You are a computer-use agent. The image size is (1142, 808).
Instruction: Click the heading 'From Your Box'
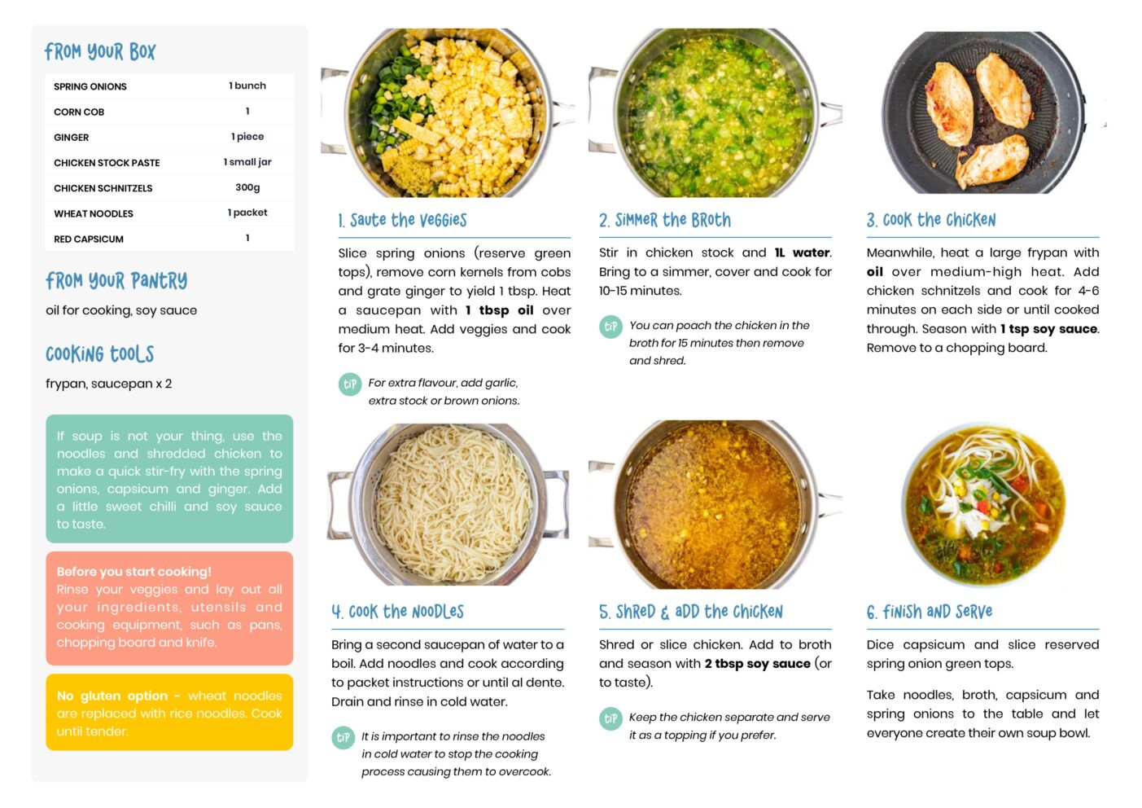coord(100,51)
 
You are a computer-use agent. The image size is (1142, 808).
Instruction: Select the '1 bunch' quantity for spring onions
coord(247,86)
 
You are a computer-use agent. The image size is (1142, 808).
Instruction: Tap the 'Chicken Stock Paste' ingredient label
coord(107,163)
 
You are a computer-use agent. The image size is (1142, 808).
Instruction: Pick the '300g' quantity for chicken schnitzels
coord(247,187)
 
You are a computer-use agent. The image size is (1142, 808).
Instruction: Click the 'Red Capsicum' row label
coord(89,239)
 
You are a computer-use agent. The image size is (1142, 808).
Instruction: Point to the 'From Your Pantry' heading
coord(116,280)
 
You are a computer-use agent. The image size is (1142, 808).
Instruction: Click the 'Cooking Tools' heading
coord(99,354)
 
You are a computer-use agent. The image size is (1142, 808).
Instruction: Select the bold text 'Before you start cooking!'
coord(133,572)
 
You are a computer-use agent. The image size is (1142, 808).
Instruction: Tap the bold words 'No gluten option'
coord(112,696)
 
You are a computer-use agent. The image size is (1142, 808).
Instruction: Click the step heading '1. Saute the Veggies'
coord(402,221)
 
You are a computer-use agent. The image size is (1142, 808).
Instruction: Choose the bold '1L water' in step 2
coord(802,253)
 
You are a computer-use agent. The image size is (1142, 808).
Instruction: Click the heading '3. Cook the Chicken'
coord(931,221)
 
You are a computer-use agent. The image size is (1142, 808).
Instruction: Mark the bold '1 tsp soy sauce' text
coord(1048,329)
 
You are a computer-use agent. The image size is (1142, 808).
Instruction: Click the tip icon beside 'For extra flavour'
coord(350,384)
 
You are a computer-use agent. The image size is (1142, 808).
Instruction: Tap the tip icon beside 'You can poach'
coord(610,327)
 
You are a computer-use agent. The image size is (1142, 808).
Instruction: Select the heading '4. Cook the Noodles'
coord(398,612)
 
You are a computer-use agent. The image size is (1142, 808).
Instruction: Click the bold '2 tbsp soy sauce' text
coord(758,664)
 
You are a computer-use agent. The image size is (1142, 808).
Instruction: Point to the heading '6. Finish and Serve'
coord(930,612)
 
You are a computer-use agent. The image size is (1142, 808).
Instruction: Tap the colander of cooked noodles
coord(449,504)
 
